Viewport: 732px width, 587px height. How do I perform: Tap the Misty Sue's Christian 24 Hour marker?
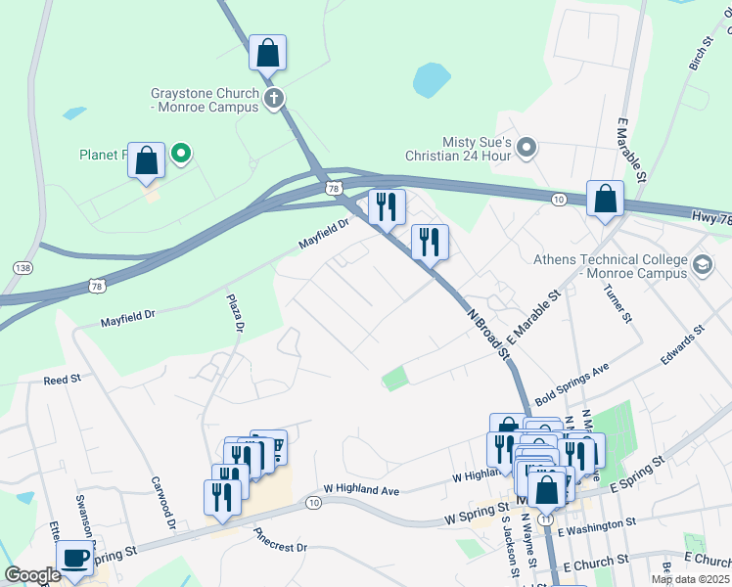point(526,149)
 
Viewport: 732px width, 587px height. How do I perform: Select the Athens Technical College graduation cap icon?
point(702,265)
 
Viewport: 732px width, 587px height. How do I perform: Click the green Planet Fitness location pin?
point(180,154)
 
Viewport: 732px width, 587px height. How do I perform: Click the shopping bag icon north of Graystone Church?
point(267,54)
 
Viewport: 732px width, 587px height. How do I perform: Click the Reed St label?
point(61,379)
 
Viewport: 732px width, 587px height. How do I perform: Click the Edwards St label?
point(682,347)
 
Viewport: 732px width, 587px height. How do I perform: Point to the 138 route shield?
point(23,267)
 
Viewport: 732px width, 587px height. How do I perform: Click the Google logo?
point(32,575)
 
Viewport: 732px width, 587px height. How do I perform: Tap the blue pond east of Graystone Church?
point(431,80)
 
